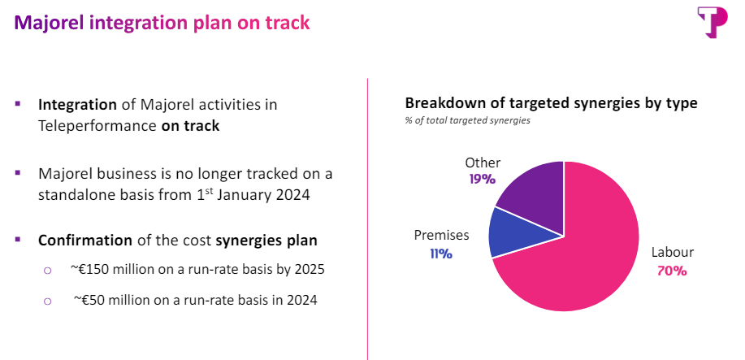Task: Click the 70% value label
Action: point(671,271)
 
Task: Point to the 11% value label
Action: point(441,254)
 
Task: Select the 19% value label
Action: point(482,179)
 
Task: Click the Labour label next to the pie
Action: point(671,253)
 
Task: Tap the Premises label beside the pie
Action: point(442,236)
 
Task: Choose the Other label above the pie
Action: point(483,163)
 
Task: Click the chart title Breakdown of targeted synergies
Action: point(551,103)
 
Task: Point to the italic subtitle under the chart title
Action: point(468,121)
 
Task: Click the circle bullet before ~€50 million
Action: point(47,301)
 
